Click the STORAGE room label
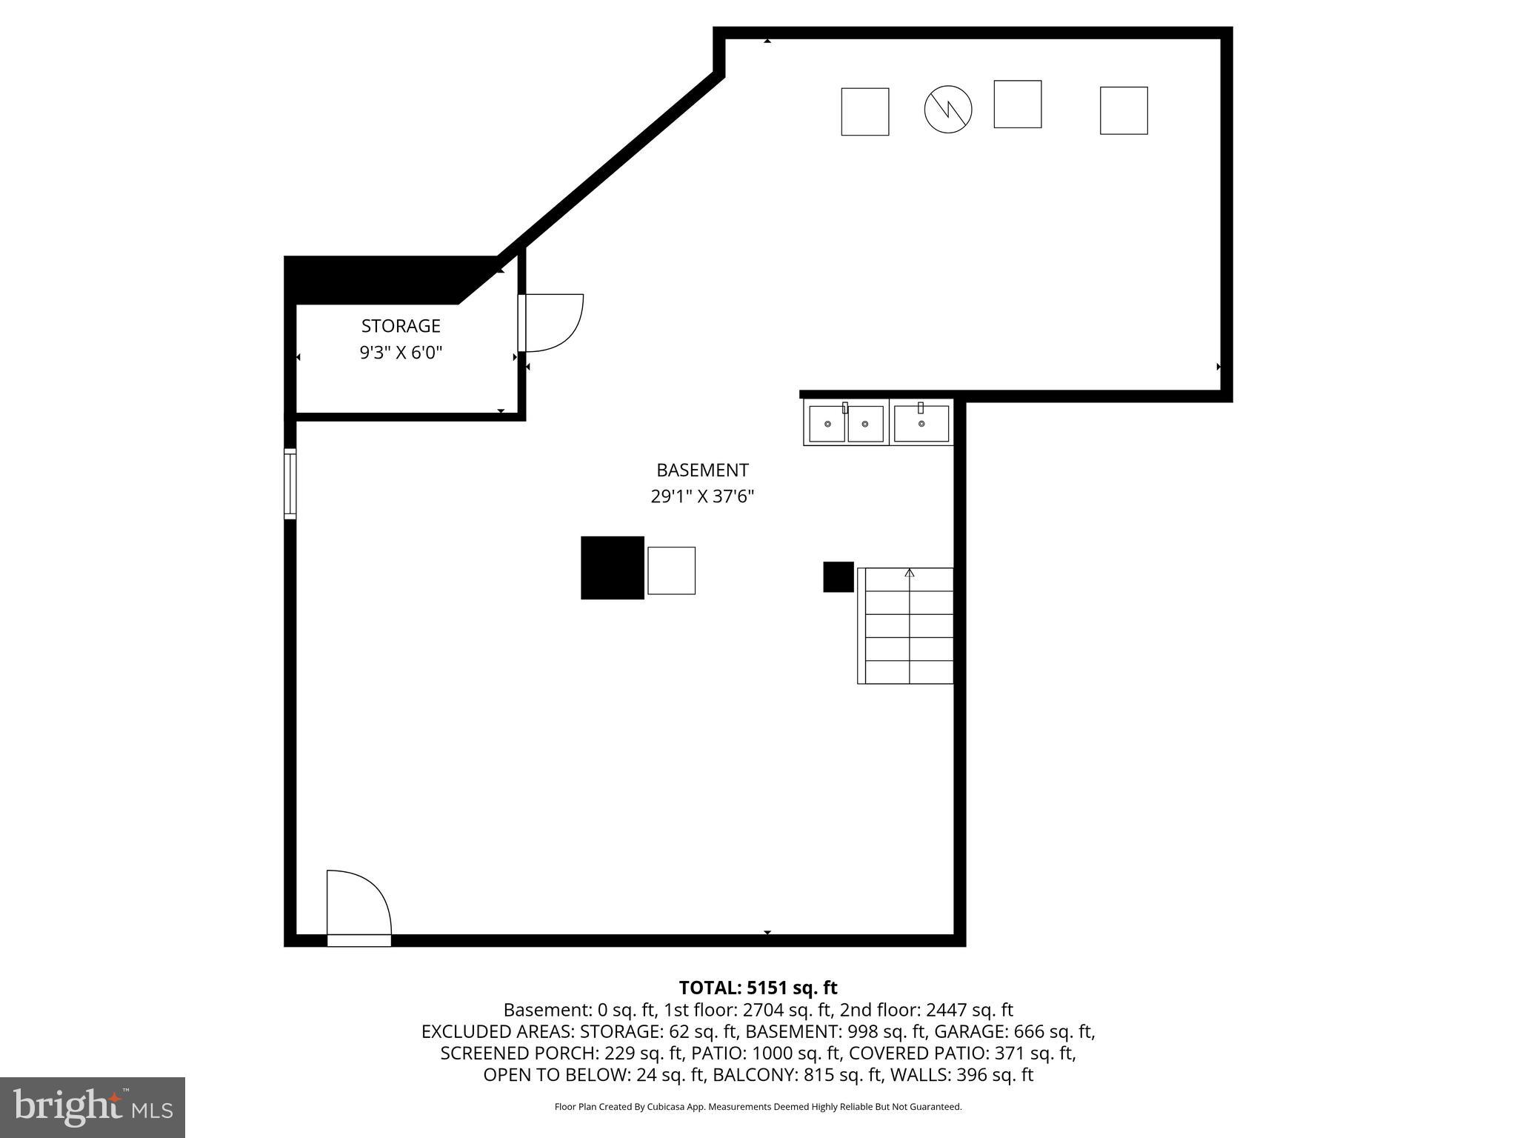point(401,326)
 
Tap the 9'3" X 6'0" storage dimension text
point(401,353)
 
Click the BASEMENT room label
point(702,470)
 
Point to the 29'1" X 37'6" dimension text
point(702,496)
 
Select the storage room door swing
point(552,322)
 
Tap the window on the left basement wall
point(290,484)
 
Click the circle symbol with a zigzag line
point(947,110)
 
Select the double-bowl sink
point(846,424)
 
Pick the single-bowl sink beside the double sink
point(921,424)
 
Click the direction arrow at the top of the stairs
point(910,573)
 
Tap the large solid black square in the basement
point(612,568)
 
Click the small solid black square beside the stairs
point(838,577)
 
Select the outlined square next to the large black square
point(671,570)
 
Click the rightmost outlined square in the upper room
point(1123,110)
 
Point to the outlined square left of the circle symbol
point(864,112)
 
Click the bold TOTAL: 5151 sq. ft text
point(758,988)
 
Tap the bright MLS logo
point(93,1107)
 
